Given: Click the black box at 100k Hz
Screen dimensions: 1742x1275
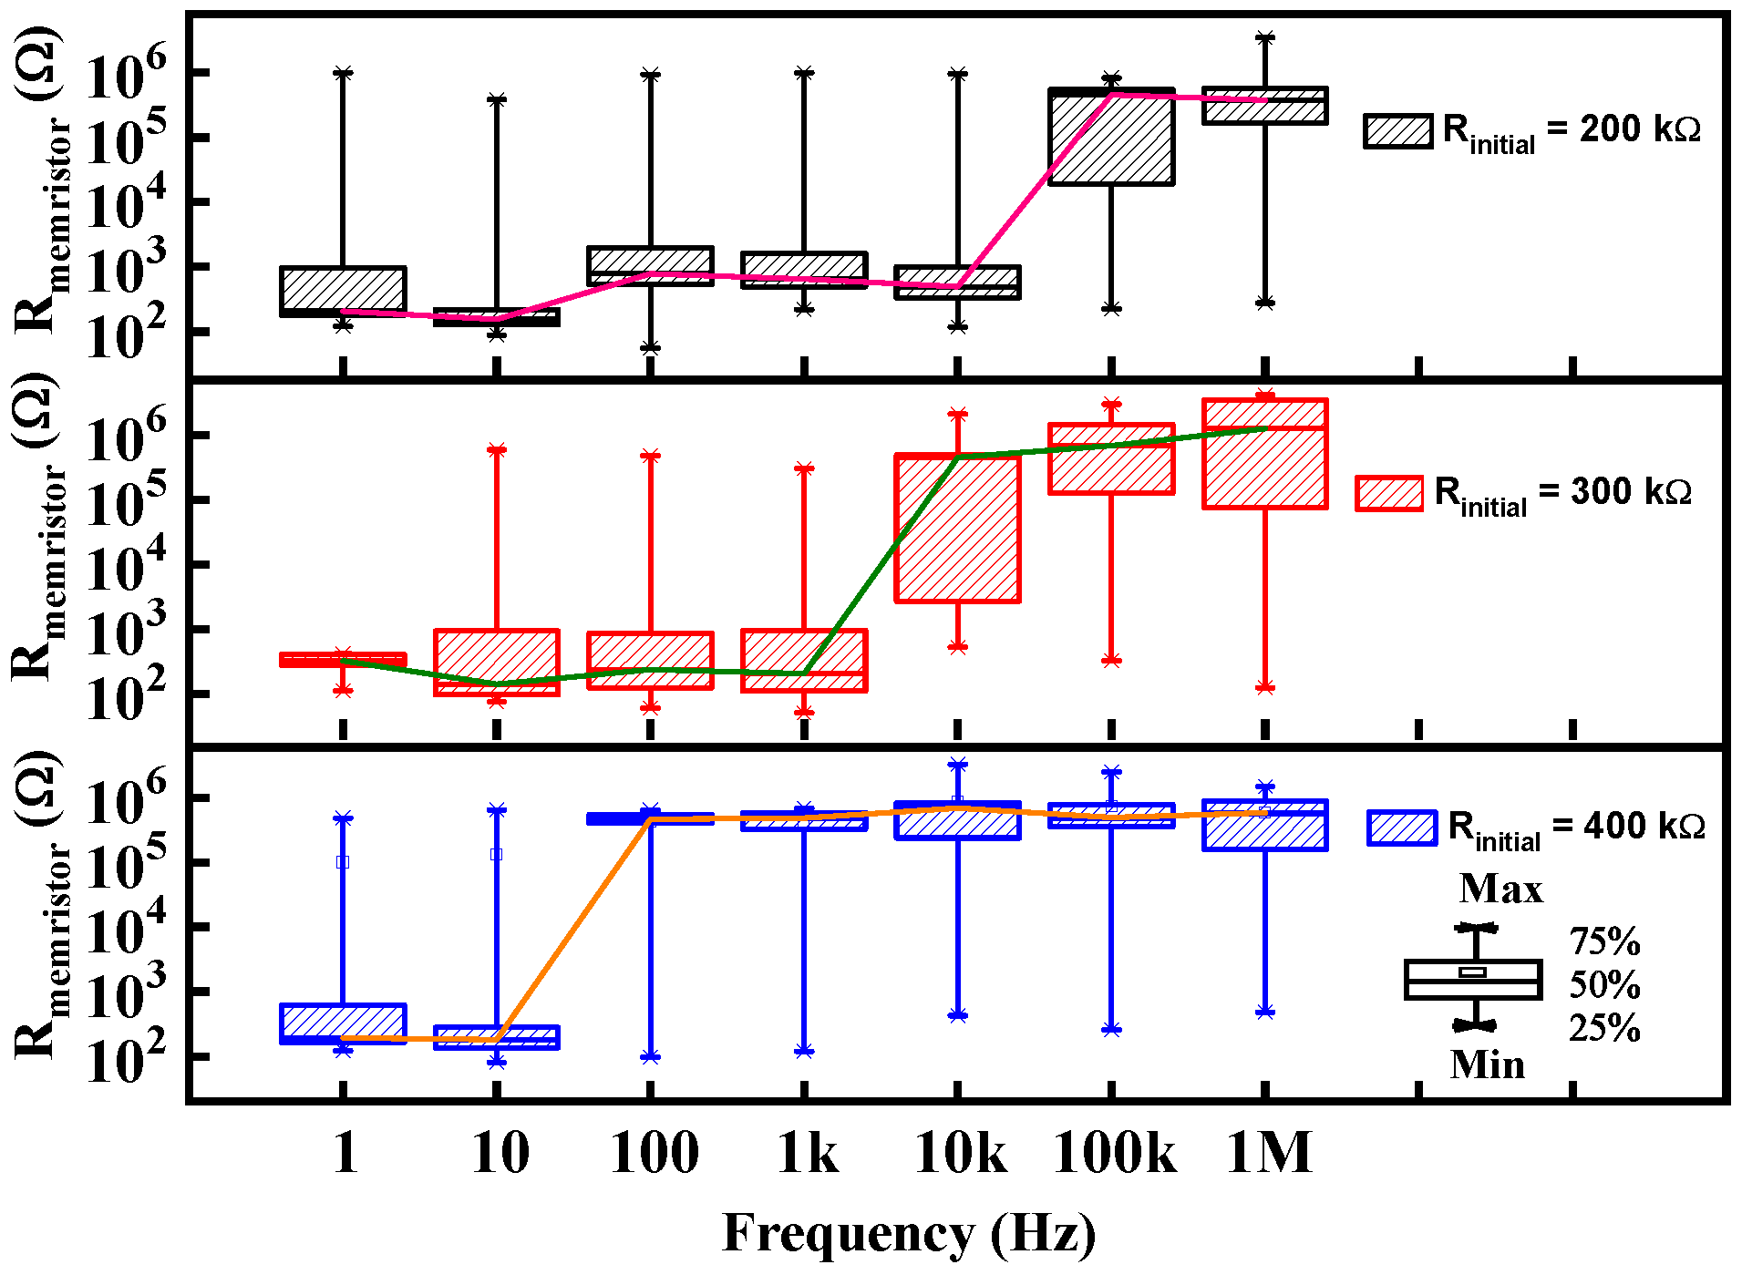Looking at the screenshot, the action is point(1111,137).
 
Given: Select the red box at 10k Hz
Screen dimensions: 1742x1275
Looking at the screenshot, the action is point(957,528).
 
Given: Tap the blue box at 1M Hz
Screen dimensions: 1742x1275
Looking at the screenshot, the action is point(1265,826).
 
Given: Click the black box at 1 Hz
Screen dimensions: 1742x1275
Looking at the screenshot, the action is point(343,292).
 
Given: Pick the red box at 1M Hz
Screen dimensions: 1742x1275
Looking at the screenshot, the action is point(1265,453).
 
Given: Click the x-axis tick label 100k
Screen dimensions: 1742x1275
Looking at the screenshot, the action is point(1114,1153).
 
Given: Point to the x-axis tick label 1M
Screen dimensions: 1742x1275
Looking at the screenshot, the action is point(1269,1153).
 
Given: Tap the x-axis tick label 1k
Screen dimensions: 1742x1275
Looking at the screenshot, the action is point(808,1153).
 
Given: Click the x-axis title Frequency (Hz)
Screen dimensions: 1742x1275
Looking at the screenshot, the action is point(909,1235).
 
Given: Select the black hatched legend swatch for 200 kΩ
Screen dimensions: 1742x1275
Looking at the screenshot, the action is point(1397,131).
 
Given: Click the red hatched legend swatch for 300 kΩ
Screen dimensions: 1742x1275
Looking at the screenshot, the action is point(1388,493).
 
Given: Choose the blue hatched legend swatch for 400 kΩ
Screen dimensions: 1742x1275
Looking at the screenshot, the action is point(1402,828).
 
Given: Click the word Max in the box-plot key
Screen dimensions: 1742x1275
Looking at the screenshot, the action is point(1500,889).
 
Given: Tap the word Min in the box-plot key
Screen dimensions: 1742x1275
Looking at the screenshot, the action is point(1487,1064).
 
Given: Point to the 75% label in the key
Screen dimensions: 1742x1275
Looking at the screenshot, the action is point(1604,941).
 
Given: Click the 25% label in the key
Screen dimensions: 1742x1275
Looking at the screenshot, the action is point(1604,1028).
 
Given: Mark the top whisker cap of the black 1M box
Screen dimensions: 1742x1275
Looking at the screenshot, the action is point(1265,38).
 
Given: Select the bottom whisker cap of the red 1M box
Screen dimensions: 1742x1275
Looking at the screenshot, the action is point(1265,688).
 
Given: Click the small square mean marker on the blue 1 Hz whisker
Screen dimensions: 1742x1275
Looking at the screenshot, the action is point(343,862).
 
